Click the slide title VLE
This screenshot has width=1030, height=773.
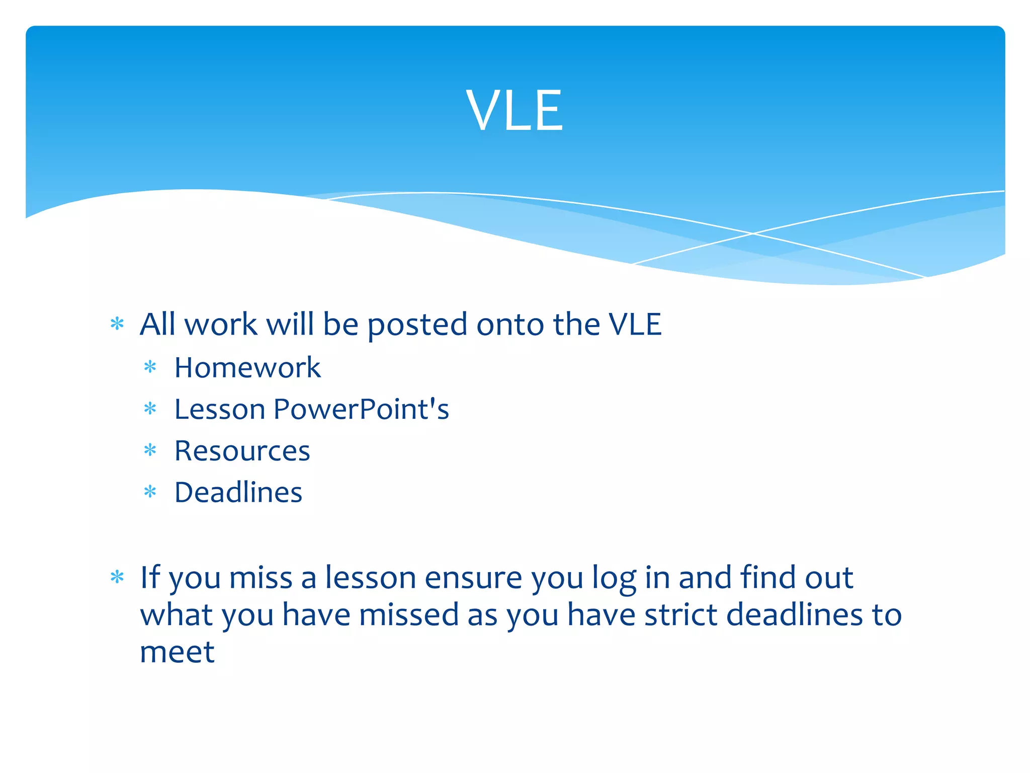(514, 110)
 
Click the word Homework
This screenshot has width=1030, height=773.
(247, 367)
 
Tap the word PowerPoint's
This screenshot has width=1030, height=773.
(361, 409)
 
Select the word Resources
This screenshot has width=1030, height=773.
(242, 450)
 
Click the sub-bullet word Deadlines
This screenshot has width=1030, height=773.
(238, 492)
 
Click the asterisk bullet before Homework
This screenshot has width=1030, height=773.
(150, 367)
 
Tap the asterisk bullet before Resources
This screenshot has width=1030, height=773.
(150, 450)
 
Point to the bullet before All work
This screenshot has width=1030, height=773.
(117, 324)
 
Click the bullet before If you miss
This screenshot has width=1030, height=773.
(117, 577)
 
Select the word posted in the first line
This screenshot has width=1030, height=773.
(417, 325)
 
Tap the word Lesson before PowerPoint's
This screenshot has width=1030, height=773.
(219, 409)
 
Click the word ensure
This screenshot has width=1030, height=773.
(473, 578)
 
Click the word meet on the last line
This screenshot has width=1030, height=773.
(177, 652)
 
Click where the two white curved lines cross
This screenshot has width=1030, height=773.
(753, 234)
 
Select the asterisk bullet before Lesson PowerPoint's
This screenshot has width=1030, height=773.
(150, 409)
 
